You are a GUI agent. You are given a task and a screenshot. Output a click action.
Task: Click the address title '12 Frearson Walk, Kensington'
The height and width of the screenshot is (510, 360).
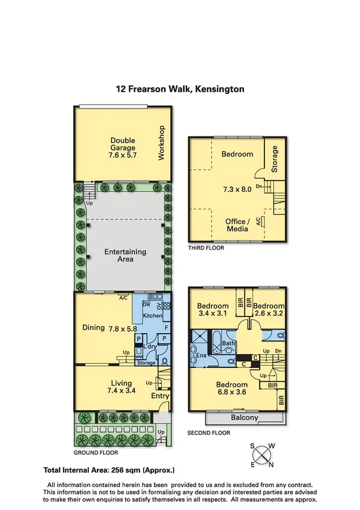click(x=180, y=88)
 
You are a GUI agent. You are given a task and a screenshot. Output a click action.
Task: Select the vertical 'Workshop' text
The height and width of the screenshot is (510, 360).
click(x=160, y=143)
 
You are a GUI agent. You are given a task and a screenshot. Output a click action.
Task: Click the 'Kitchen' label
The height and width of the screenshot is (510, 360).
click(x=153, y=316)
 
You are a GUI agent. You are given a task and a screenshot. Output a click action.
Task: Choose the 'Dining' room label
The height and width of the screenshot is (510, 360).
click(x=94, y=328)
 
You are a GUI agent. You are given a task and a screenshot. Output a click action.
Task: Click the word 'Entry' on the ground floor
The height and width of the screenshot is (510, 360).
click(x=160, y=396)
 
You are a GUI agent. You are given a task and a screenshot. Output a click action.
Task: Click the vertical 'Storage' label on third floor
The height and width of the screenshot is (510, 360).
click(x=275, y=158)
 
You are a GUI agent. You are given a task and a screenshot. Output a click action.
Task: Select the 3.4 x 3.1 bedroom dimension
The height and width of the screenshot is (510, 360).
click(x=213, y=313)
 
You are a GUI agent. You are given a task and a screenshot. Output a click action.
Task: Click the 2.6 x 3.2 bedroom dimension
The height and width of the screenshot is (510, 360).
click(x=269, y=313)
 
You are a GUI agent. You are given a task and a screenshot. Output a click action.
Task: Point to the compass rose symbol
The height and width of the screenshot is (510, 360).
click(x=262, y=455)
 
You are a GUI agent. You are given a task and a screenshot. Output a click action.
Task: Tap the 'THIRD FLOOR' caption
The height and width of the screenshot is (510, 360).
click(x=206, y=247)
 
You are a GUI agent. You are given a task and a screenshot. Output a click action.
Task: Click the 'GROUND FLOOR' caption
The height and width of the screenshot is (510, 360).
click(x=96, y=453)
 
